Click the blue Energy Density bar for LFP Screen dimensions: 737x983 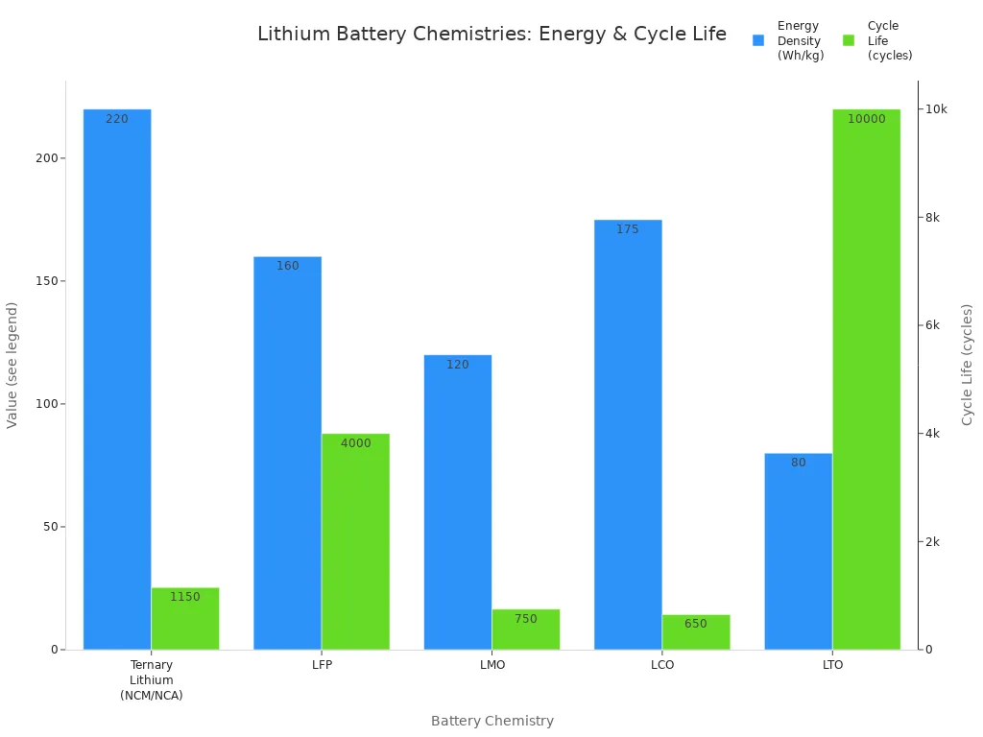coord(287,453)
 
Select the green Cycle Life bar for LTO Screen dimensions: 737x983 coord(866,379)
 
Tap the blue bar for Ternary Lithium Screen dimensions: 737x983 coord(117,379)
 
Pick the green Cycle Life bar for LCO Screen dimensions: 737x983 coord(696,632)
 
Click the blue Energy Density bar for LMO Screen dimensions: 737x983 coord(458,502)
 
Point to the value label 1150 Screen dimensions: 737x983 coord(185,597)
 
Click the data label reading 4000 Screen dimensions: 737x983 coord(355,443)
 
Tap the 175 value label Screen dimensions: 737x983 coord(628,229)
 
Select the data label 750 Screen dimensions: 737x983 coord(525,619)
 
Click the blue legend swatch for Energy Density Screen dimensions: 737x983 coord(758,40)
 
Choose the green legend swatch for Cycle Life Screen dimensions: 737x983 coord(849,40)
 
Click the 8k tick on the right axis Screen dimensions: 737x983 coord(931,217)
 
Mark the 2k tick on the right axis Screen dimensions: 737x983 coord(931,541)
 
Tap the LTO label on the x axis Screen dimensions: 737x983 coord(832,665)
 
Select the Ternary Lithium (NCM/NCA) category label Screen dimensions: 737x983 coord(152,679)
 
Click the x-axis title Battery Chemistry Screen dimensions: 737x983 coord(491,721)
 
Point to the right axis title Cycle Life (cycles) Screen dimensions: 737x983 coord(967,365)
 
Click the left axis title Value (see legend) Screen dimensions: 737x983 coord(12,365)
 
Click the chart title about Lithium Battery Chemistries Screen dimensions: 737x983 coord(491,35)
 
